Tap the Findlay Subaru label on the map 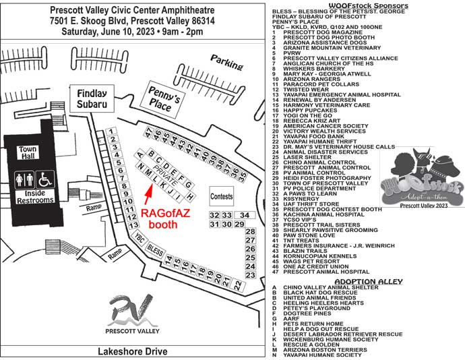[92, 99]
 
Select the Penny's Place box [164, 102]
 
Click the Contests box [222, 196]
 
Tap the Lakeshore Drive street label [132, 351]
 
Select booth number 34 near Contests [244, 215]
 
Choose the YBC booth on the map [139, 239]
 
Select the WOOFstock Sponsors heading [369, 5]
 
